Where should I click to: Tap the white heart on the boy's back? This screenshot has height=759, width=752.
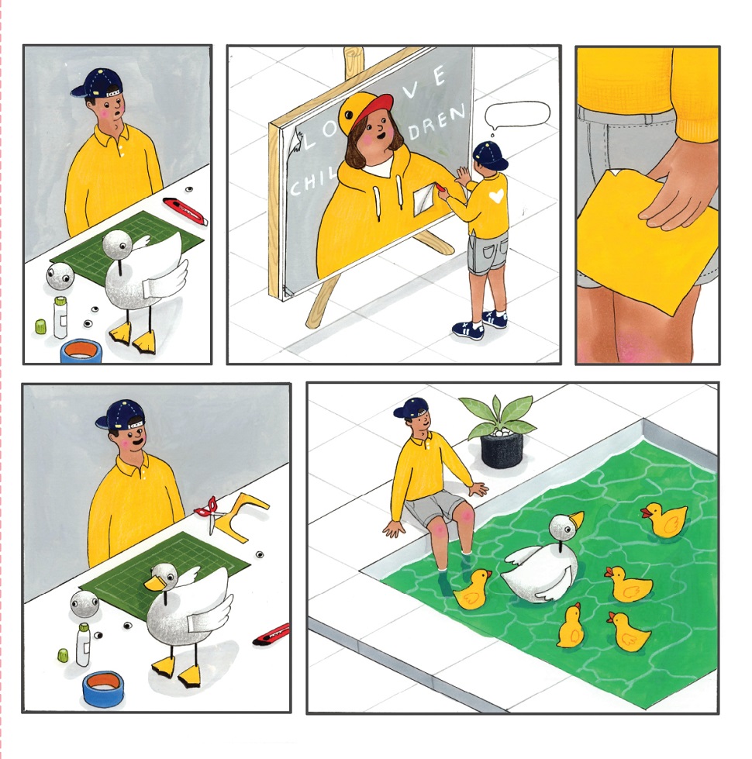coord(496,195)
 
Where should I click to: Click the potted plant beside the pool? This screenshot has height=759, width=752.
coord(499,431)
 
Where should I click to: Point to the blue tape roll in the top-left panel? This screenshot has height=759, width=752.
coord(81,350)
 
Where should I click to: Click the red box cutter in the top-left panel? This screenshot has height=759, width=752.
coord(185,211)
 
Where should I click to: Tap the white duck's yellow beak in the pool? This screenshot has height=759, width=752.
coord(576,520)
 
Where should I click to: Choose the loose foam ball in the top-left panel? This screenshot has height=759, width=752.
coord(60,277)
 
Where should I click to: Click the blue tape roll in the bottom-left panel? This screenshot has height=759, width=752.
coord(102,688)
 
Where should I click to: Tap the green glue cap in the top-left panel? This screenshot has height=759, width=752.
coord(40,326)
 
